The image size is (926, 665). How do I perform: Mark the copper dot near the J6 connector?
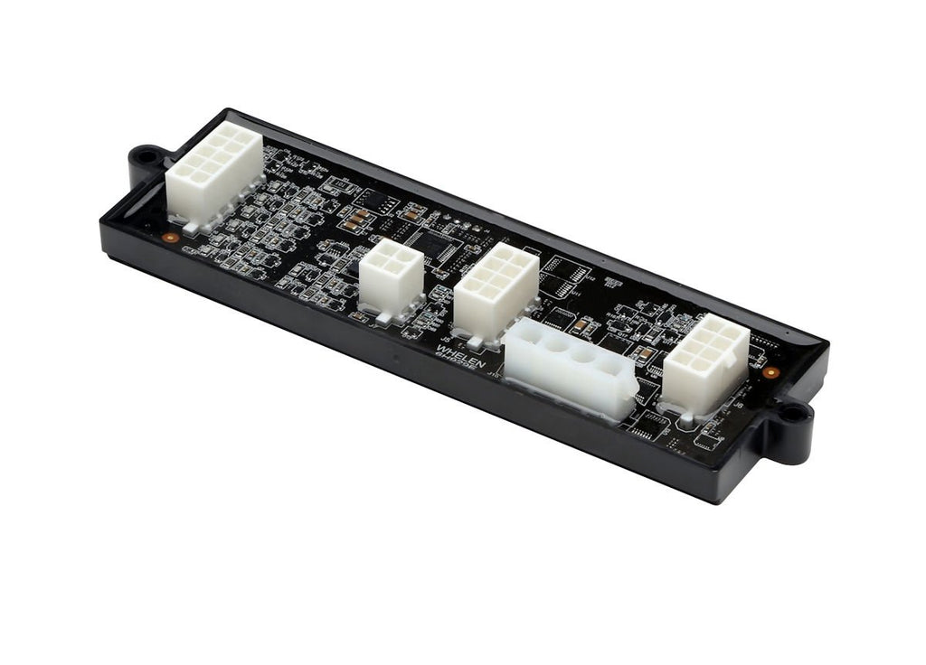pyautogui.click(x=770, y=371)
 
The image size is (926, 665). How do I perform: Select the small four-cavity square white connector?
pyautogui.click(x=392, y=276)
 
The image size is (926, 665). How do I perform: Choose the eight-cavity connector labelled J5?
pyautogui.click(x=496, y=290)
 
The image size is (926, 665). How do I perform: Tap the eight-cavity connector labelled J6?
pyautogui.click(x=705, y=362)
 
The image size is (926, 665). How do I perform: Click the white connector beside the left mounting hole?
pyautogui.click(x=213, y=173)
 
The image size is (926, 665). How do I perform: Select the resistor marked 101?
pyautogui.click(x=359, y=218)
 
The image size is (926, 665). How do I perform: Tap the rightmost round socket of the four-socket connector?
pyautogui.click(x=601, y=366)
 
